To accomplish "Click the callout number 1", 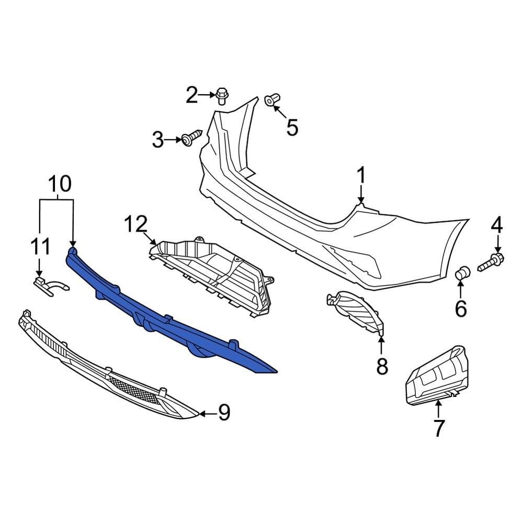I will [361, 176].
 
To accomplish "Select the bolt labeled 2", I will [221, 96].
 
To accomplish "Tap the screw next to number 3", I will [191, 138].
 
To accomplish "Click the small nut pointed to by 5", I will [272, 99].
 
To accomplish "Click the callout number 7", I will [438, 428].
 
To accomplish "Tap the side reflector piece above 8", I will [356, 311].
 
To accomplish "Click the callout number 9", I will [224, 413].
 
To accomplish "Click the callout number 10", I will [60, 184].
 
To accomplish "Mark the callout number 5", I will [291, 127].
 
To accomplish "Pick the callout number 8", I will [382, 366].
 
